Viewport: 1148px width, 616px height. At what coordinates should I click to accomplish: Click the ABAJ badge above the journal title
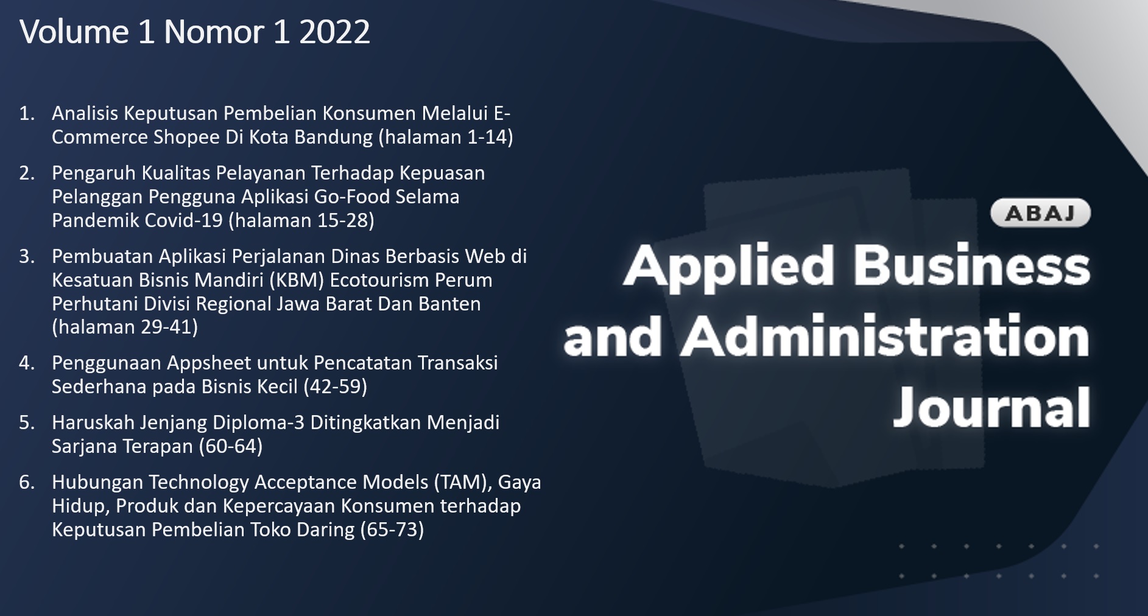pyautogui.click(x=1040, y=213)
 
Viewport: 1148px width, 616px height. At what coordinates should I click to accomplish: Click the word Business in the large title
pyautogui.click(x=971, y=266)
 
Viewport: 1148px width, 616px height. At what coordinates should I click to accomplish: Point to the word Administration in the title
pyautogui.click(x=885, y=336)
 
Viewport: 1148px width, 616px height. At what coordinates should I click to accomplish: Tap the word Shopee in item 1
pyautogui.click(x=186, y=138)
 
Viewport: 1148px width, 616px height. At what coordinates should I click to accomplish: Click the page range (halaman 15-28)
pyautogui.click(x=301, y=220)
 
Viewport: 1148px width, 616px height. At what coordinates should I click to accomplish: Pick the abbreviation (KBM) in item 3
pyautogui.click(x=297, y=280)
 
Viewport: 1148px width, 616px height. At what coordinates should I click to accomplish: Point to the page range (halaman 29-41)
pyautogui.click(x=125, y=327)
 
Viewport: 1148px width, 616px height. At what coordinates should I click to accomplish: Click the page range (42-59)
pyautogui.click(x=336, y=387)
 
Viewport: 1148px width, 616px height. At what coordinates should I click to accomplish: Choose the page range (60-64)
pyautogui.click(x=231, y=447)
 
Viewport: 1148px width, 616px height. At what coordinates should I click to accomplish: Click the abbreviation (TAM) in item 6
pyautogui.click(x=463, y=483)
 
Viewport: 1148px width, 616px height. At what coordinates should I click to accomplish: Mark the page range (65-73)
pyautogui.click(x=392, y=530)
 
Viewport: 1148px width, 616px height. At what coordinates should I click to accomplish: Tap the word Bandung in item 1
pyautogui.click(x=334, y=138)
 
